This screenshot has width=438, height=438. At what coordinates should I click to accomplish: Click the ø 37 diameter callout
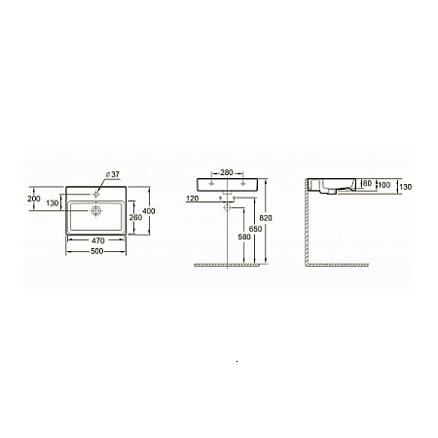coord(113,174)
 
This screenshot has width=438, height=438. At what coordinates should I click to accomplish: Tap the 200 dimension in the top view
coord(34,199)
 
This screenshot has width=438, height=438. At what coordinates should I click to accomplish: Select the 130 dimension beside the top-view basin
coord(53,203)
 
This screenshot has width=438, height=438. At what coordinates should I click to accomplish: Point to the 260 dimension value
coord(135,217)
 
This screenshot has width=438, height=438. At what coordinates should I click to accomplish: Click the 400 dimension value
coord(149,211)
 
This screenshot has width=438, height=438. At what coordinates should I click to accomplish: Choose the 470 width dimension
coord(98,240)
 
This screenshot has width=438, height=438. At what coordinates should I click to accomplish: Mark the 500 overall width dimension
coord(97,251)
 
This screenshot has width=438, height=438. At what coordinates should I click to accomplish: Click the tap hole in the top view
coord(95,195)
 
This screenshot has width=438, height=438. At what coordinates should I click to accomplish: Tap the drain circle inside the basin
coord(96,211)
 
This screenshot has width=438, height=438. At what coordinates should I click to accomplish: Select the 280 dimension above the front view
coord(227,172)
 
